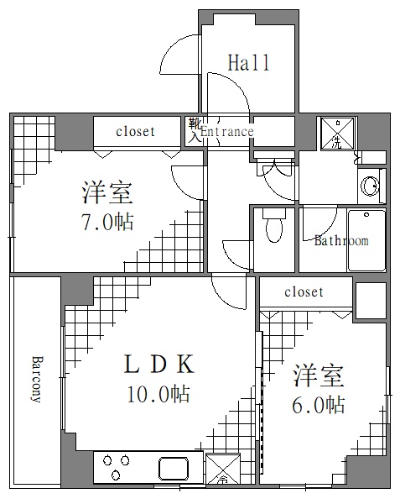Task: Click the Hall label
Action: coord(248,62)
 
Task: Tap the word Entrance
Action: coord(226,131)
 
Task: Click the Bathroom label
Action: coord(340,241)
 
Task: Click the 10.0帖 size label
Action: coord(159,393)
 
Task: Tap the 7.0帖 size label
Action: coord(106,222)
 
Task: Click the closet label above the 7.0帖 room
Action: coord(135,131)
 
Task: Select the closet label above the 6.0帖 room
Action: coord(304,292)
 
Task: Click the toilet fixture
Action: coord(273,225)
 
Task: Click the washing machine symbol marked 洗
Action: coord(337,134)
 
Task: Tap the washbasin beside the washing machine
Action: coord(368,184)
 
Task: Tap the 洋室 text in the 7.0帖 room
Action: coord(106,193)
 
